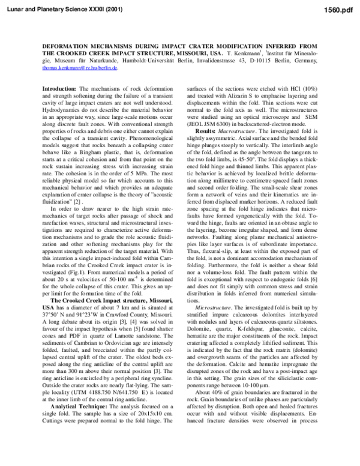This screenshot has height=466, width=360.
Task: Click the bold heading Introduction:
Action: (x=56, y=88)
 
